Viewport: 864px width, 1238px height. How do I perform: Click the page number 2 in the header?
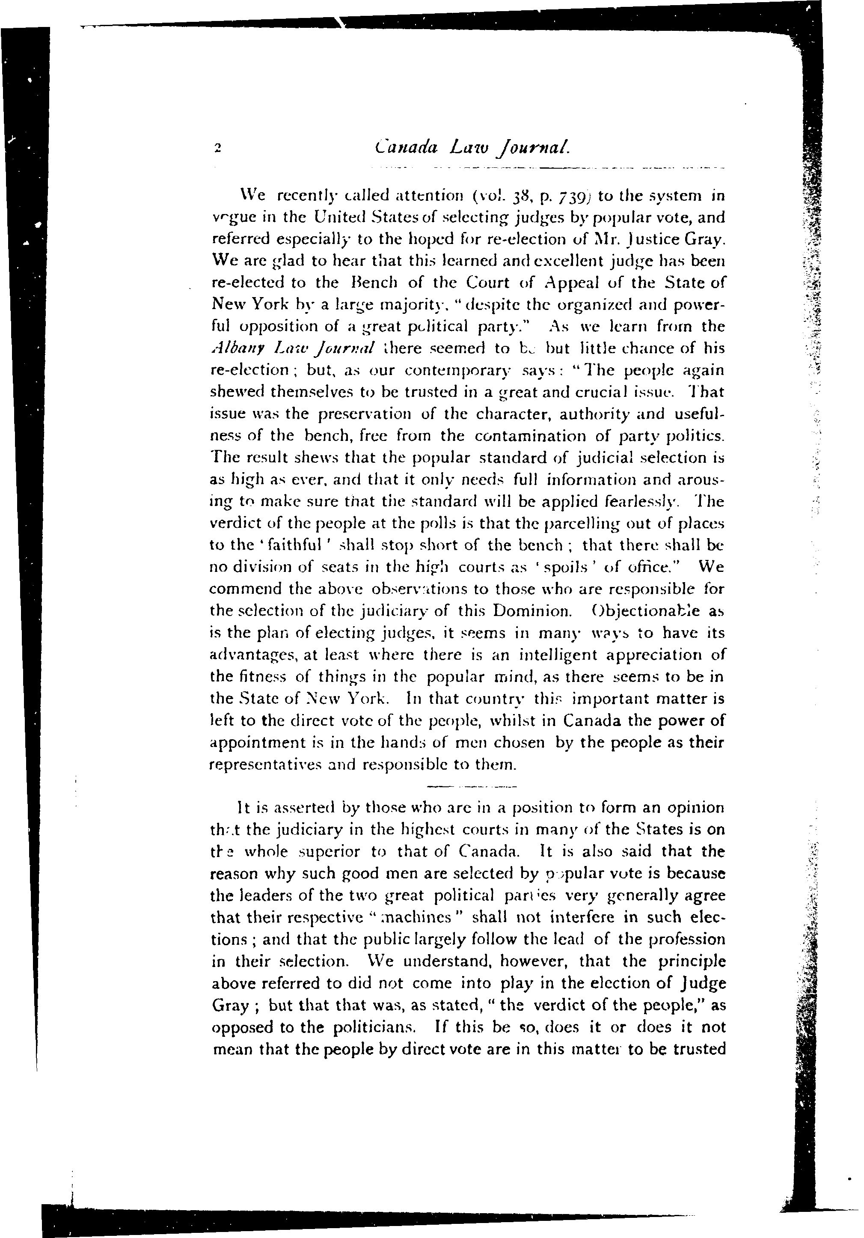218,148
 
